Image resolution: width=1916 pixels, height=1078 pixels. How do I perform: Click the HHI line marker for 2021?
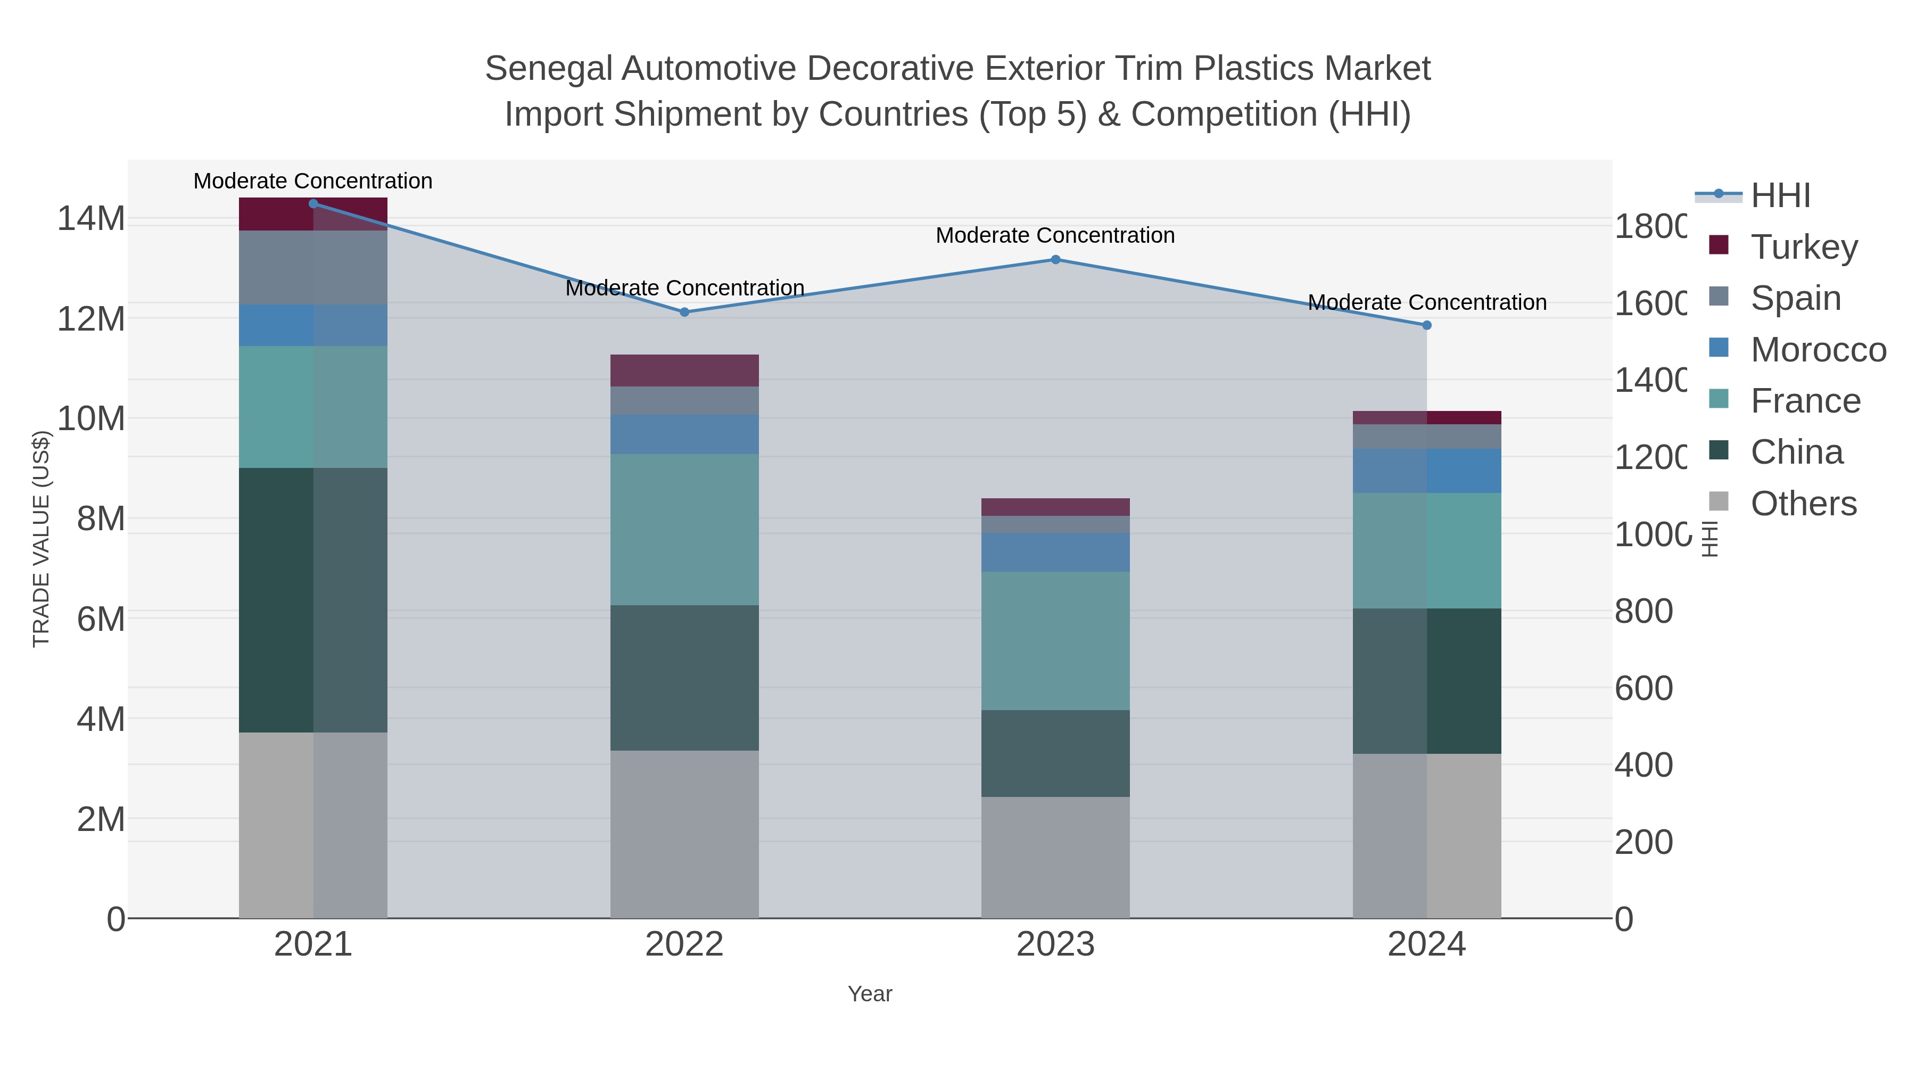tap(313, 204)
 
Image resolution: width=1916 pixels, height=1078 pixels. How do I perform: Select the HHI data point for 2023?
tap(1055, 260)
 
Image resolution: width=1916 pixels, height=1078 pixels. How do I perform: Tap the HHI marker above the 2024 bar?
tap(1426, 325)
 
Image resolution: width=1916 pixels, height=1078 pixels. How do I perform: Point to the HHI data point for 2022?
tap(684, 312)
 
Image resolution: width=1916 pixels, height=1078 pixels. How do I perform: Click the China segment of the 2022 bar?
tap(684, 678)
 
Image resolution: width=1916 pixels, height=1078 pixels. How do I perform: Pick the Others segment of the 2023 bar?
tap(1055, 857)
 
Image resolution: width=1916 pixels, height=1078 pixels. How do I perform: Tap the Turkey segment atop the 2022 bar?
tap(684, 371)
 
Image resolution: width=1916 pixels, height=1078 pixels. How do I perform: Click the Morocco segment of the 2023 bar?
tap(1055, 552)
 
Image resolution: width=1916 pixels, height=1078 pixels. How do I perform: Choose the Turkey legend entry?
tap(1804, 247)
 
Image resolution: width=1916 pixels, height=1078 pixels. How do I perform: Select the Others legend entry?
tap(1803, 504)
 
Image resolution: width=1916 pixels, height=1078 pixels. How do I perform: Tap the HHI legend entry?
tap(1779, 196)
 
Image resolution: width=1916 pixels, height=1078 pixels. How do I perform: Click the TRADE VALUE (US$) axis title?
tap(42, 539)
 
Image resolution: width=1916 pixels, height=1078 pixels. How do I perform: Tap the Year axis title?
tap(870, 994)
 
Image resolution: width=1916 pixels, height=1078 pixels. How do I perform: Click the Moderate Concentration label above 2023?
tap(1055, 236)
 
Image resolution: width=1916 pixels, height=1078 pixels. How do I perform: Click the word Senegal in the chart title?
tap(549, 69)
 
